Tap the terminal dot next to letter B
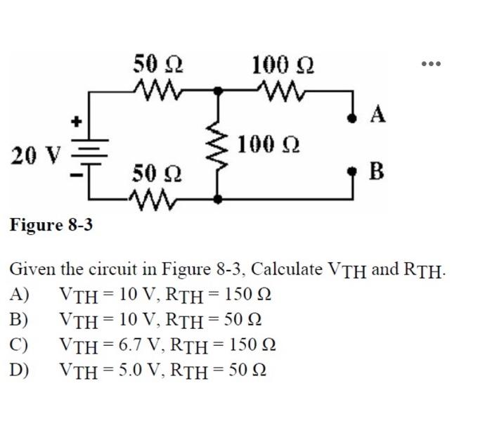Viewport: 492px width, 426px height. click(x=351, y=172)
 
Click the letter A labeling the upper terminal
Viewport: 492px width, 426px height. click(x=377, y=115)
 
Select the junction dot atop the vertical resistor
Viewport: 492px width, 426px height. click(x=219, y=91)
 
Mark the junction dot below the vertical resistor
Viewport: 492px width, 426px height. click(x=219, y=200)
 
